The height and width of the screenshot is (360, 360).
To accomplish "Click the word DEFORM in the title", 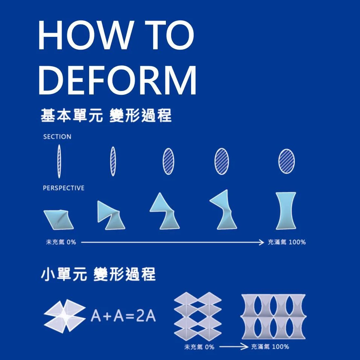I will pos(117,81).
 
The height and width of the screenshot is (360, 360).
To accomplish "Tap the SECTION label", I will pos(57,137).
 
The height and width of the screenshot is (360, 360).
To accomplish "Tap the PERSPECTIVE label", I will pos(64,188).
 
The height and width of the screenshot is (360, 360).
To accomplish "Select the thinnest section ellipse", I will pos(59,162).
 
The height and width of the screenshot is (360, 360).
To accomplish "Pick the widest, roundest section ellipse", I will pos(287,161).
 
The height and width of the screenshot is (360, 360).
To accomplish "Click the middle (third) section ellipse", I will pos(168,161).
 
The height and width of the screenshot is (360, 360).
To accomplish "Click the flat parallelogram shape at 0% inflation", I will pos(59,219).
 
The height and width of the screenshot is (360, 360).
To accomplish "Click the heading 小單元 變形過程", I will pos(98,275).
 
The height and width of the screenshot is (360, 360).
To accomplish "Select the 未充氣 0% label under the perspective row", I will pos(61,242).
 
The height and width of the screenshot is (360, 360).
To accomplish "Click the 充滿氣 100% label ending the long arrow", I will pos(287,242).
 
